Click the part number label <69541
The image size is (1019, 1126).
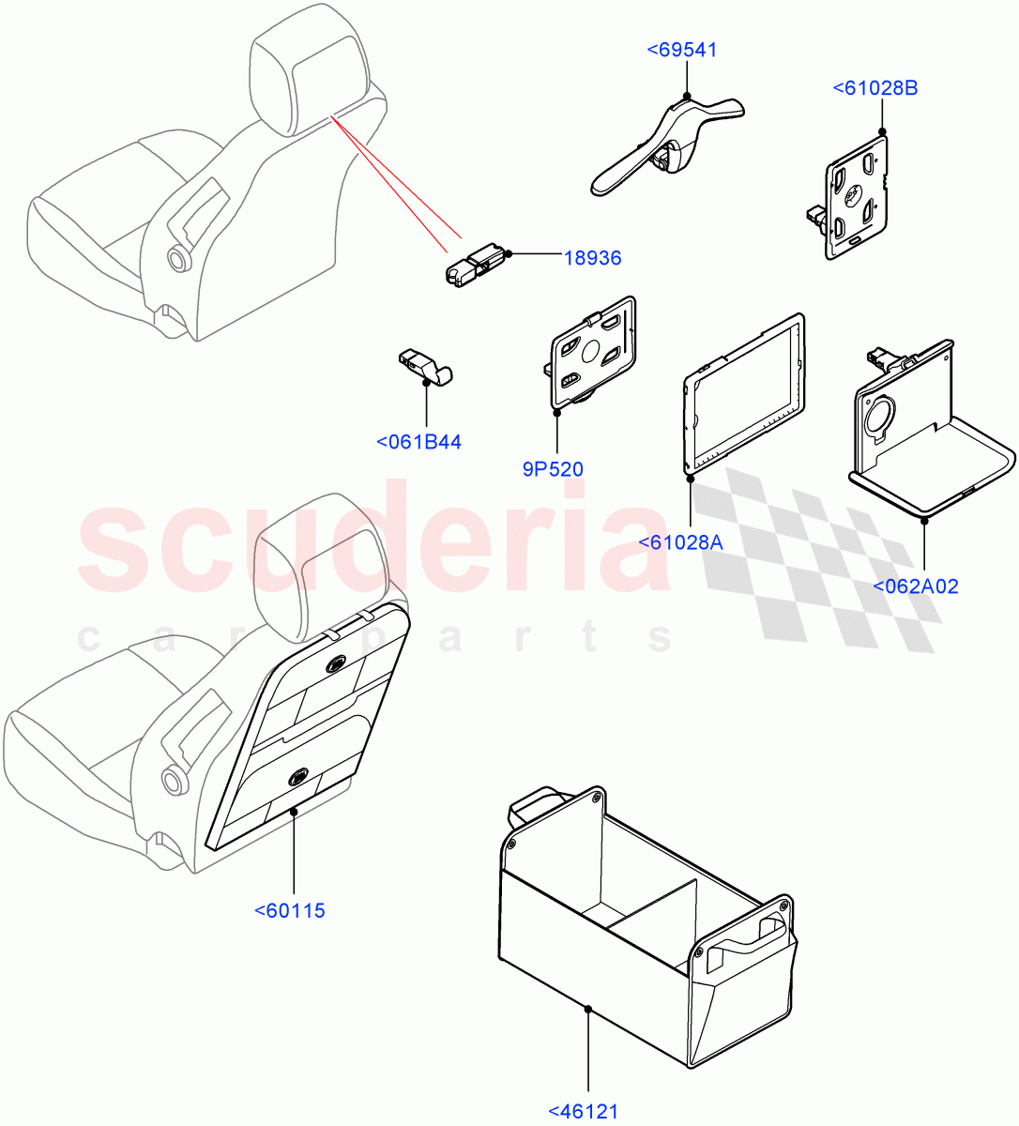[682, 50]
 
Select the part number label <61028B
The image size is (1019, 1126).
[875, 88]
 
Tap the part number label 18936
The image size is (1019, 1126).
[592, 257]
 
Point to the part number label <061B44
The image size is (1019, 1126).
[418, 442]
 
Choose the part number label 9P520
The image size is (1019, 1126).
[553, 468]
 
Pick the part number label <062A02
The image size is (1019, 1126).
[915, 586]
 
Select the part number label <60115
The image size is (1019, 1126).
[290, 909]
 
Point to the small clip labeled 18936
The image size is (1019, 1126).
[474, 265]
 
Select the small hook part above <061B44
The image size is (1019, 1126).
[424, 365]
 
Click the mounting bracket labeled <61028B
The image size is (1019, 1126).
[856, 196]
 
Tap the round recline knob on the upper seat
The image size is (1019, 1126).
[175, 257]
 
